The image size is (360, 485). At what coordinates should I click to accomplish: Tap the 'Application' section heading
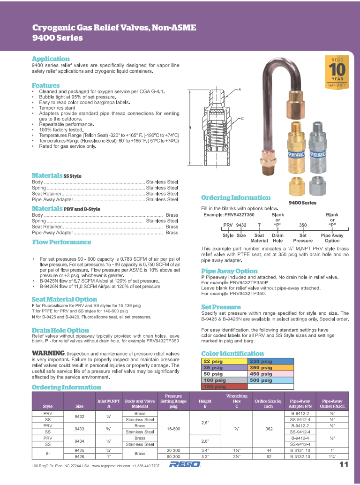(x=51, y=59)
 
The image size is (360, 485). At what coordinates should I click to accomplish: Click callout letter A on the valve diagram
(x=240, y=89)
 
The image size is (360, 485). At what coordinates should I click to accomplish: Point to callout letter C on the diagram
(x=242, y=119)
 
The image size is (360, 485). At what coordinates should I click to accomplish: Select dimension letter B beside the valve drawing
(x=189, y=128)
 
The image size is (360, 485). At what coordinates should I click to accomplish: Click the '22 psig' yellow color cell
(x=224, y=362)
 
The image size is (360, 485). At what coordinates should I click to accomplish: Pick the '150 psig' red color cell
(x=224, y=386)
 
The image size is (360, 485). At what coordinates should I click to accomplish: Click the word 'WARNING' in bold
(x=45, y=353)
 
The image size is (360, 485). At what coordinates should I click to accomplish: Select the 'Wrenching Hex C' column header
(x=237, y=401)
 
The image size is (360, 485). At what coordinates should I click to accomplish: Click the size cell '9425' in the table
(x=80, y=449)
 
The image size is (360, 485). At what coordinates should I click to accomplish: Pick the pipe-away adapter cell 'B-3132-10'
(x=300, y=455)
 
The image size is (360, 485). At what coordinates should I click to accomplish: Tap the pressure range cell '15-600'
(x=173, y=429)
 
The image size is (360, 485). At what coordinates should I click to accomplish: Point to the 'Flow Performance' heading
(x=61, y=242)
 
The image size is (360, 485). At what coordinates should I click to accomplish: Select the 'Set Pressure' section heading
(x=221, y=307)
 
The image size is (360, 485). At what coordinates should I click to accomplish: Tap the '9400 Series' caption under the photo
(x=302, y=203)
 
